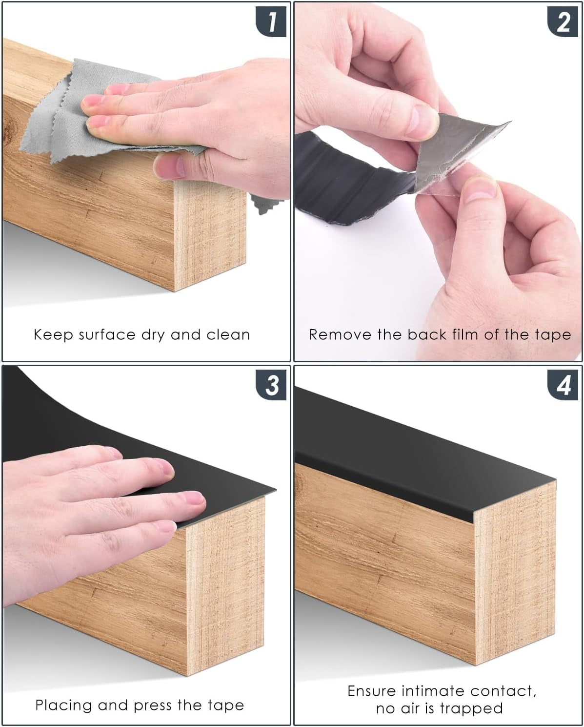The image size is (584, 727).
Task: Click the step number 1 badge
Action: coord(271,21)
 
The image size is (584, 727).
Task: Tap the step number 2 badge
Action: coord(563,21)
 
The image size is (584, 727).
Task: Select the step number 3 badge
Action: coord(271,385)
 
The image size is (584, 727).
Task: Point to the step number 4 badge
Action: coord(563,385)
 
